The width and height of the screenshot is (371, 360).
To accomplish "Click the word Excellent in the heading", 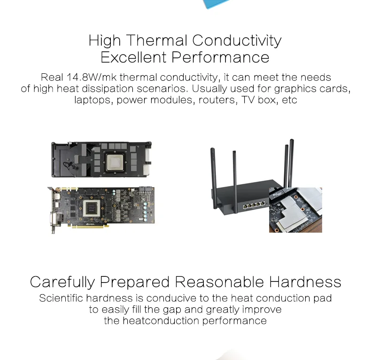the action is point(134,57).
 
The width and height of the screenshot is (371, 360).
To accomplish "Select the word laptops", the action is point(92,100).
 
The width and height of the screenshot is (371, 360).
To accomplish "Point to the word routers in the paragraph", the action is point(217,100).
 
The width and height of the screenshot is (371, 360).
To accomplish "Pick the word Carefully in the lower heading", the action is point(62,282).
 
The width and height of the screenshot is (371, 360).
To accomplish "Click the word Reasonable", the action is point(219,282).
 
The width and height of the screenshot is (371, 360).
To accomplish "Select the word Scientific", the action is point(61,298).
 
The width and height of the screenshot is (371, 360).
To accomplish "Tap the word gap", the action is point(171,310).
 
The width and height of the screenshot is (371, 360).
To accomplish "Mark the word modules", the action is point(171,100).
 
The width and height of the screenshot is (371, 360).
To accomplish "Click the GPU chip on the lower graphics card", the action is point(91,208).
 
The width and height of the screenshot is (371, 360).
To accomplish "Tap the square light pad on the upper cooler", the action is point(115,163).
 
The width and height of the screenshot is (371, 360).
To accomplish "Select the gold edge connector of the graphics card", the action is point(88,227).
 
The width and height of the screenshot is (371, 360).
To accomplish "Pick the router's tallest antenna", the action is point(291,163).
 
